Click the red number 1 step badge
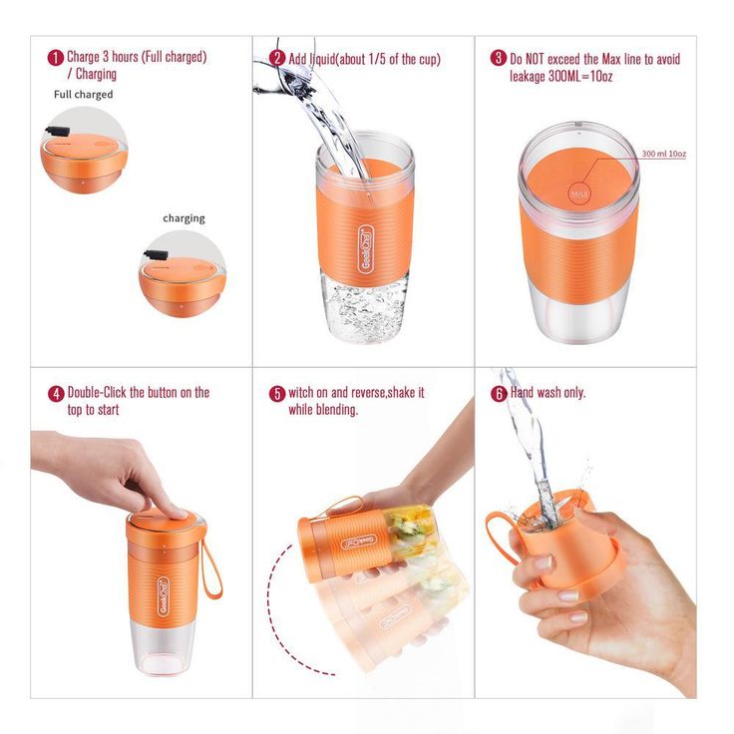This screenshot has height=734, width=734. (x=56, y=58)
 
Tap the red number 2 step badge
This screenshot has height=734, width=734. (x=277, y=58)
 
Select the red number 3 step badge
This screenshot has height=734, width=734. (x=498, y=58)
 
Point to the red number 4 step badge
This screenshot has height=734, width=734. (x=56, y=394)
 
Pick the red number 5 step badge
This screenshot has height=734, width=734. (x=277, y=394)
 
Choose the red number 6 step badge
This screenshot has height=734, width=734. (x=499, y=394)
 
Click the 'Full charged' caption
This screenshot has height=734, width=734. (x=84, y=95)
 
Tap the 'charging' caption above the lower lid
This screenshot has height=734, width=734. (x=183, y=218)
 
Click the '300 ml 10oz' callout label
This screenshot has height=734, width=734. (x=664, y=154)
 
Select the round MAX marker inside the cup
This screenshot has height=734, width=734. (x=579, y=193)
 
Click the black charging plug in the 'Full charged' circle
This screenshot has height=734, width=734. (x=58, y=131)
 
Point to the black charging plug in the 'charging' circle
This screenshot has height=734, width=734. (x=156, y=255)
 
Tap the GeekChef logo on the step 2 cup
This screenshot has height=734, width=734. (x=366, y=249)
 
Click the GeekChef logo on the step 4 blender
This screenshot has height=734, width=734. (x=164, y=596)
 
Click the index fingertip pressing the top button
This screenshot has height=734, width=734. (x=181, y=513)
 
